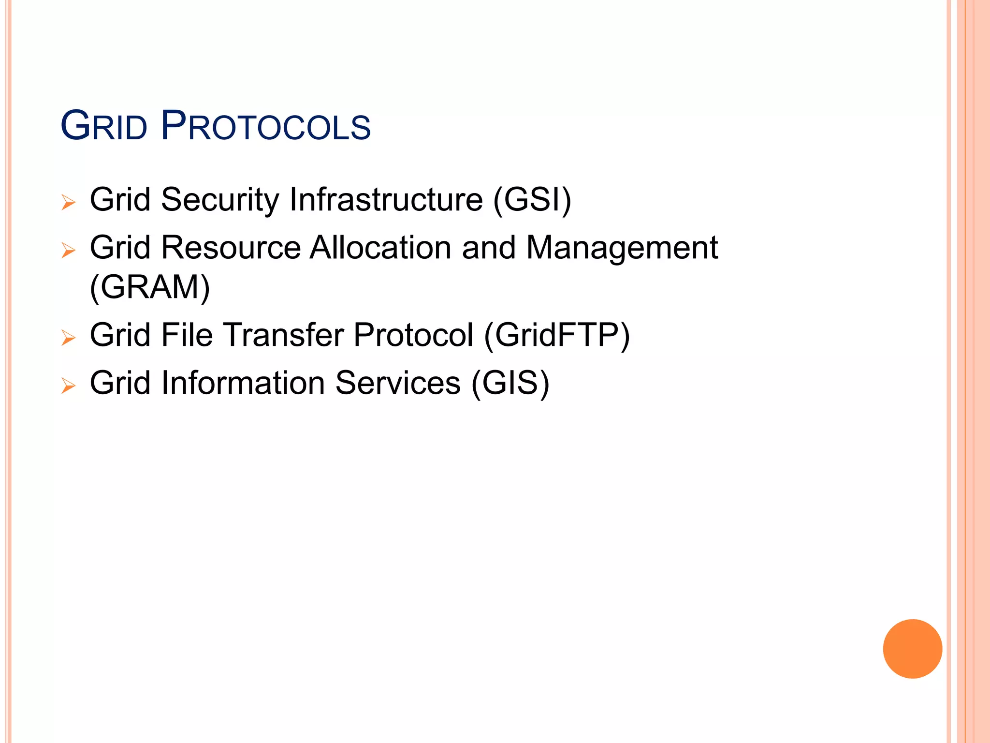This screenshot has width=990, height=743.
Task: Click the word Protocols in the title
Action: pyautogui.click(x=265, y=127)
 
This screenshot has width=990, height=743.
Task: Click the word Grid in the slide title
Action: pyautogui.click(x=103, y=127)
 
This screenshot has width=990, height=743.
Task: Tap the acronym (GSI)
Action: pyautogui.click(x=532, y=199)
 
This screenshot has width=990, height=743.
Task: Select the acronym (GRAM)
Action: pyautogui.click(x=150, y=287)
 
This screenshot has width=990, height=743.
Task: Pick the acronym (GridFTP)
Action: pyautogui.click(x=557, y=335)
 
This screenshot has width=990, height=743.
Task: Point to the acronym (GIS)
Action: pyautogui.click(x=510, y=383)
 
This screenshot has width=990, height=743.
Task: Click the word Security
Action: pyautogui.click(x=220, y=200)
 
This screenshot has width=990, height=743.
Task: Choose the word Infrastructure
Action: pyautogui.click(x=386, y=199)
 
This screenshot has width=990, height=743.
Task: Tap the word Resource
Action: pyautogui.click(x=231, y=248)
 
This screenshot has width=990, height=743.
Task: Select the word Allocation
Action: pyautogui.click(x=381, y=248)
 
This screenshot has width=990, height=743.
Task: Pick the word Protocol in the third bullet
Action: pyautogui.click(x=413, y=335)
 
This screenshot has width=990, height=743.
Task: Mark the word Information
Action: pyautogui.click(x=243, y=383)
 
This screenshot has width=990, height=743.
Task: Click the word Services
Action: pyautogui.click(x=397, y=383)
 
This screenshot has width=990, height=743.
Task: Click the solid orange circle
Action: pyautogui.click(x=912, y=649)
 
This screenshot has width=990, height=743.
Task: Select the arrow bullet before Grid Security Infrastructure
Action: pyautogui.click(x=69, y=202)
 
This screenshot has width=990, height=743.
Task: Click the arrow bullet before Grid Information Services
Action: pyautogui.click(x=69, y=386)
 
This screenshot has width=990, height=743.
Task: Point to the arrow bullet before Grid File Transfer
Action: pyautogui.click(x=69, y=338)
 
